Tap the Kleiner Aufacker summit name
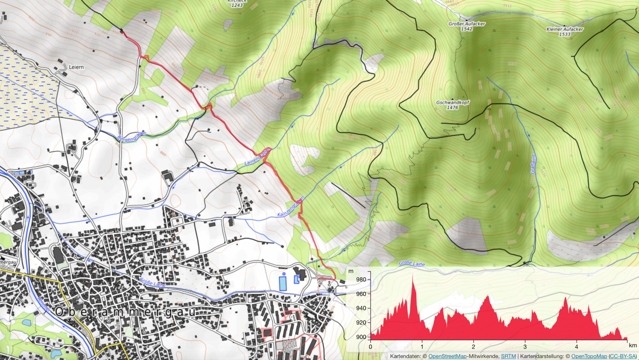click(564, 29)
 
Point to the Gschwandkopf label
click(452, 103)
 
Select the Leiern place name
click(76, 67)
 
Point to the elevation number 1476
click(452, 108)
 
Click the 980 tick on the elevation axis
click(361, 279)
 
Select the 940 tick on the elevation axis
click(361, 308)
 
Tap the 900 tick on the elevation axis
click(361, 337)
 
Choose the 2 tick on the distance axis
click(474, 346)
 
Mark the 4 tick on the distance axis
click(576, 346)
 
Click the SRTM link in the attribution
click(508, 356)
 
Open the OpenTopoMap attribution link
click(589, 356)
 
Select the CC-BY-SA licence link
click(623, 356)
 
